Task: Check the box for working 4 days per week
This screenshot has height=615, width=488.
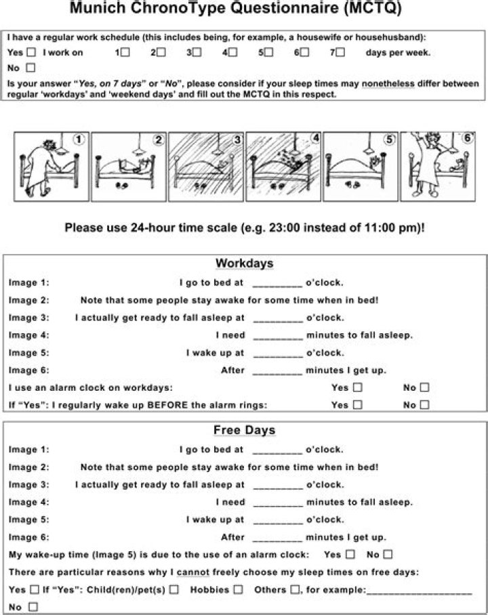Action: tap(233, 52)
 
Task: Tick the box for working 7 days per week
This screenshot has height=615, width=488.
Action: tap(340, 52)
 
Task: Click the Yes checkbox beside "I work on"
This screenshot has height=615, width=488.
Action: tap(31, 52)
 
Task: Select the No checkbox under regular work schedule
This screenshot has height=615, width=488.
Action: tap(30, 68)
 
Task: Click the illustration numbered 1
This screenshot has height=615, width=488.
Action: tap(52, 167)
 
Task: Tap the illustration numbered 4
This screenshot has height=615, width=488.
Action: tap(283, 167)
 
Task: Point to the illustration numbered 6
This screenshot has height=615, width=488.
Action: tap(438, 167)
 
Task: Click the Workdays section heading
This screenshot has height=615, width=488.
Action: tap(244, 263)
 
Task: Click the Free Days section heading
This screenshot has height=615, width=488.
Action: tap(244, 430)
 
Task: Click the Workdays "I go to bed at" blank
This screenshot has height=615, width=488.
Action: tap(277, 283)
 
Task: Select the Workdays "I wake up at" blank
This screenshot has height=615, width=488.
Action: tap(277, 354)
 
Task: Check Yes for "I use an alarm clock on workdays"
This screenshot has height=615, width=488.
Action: tap(357, 388)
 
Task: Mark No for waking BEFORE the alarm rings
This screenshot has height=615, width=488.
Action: tap(425, 405)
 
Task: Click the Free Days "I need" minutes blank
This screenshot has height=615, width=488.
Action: tap(277, 503)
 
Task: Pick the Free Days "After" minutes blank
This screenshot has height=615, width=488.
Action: tap(277, 538)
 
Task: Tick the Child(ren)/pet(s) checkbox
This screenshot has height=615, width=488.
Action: tap(174, 590)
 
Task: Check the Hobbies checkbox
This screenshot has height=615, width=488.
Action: tap(238, 590)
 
